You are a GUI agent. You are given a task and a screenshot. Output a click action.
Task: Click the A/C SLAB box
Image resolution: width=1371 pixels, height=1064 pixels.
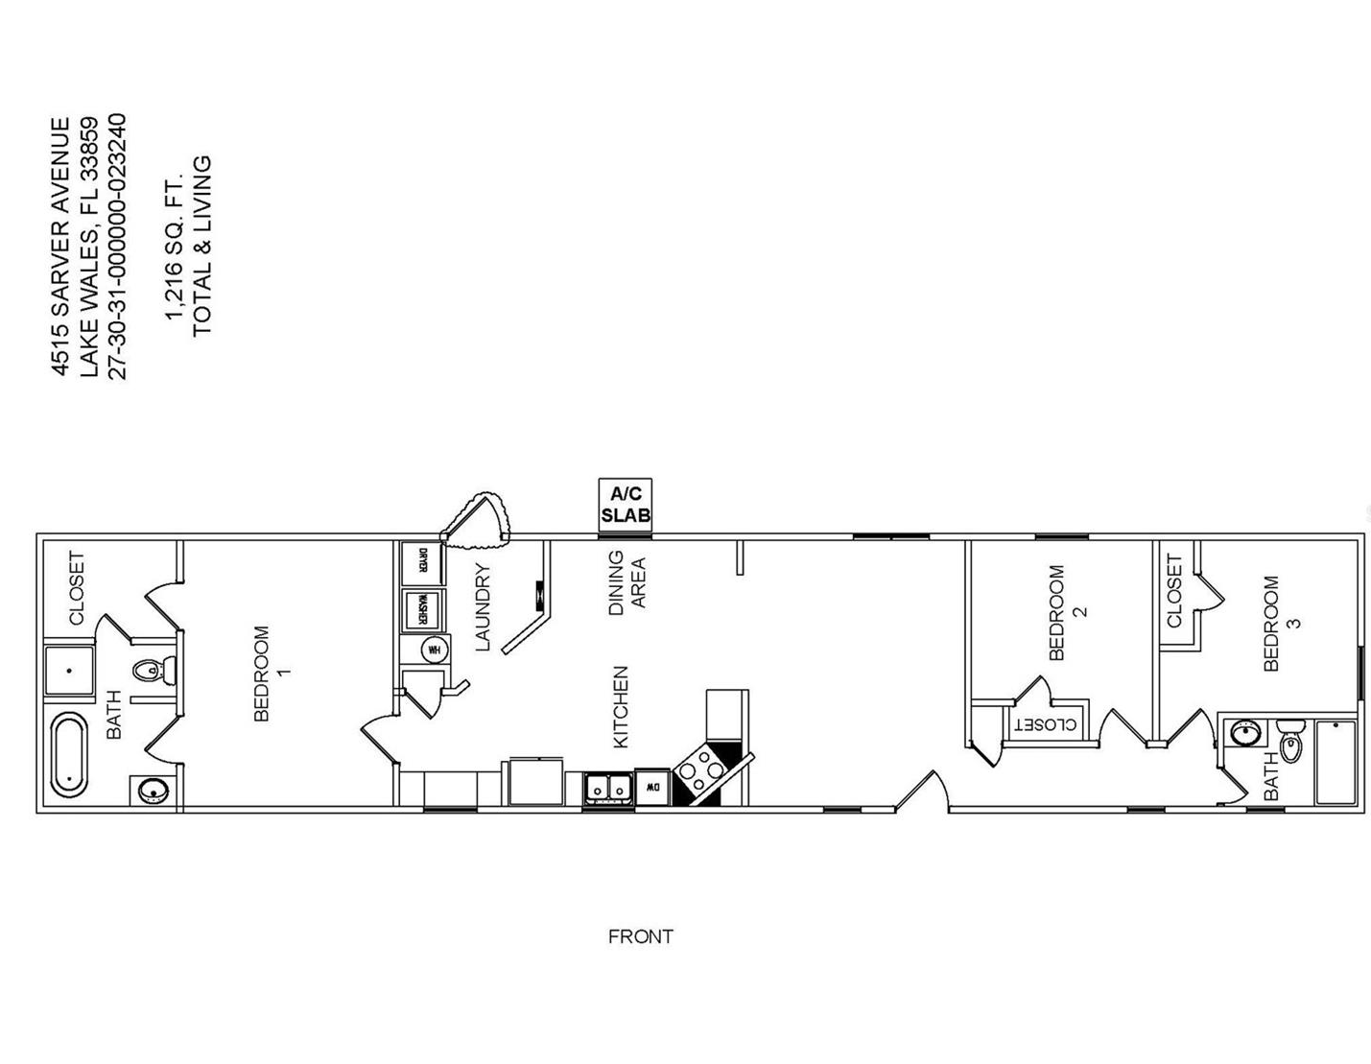pos(625,506)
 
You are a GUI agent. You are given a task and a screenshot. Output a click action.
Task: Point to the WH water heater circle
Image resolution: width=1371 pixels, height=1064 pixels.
pos(434,649)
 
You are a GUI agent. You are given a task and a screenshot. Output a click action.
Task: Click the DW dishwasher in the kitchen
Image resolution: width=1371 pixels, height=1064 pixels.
pos(651,787)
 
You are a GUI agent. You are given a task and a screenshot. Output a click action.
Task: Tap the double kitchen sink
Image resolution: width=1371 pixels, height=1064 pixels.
pos(606,788)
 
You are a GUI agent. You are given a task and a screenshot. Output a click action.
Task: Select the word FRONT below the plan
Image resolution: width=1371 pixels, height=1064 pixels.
pos(640,937)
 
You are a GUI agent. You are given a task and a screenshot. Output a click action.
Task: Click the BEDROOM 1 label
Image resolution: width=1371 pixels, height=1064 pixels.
pos(269,673)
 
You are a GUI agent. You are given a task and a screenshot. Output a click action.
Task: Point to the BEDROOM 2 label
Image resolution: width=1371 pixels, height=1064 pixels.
pos(1064,612)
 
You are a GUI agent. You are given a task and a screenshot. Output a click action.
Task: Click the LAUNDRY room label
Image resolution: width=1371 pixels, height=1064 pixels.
pos(482,606)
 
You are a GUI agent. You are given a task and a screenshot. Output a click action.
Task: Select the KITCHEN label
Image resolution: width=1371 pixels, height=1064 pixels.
pos(621,707)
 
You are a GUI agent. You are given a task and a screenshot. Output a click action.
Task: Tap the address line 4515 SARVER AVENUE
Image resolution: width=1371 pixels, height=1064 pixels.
pos(59,247)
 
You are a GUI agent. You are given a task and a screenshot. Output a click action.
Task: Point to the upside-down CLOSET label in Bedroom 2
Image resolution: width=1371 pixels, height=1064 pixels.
pos(1046,724)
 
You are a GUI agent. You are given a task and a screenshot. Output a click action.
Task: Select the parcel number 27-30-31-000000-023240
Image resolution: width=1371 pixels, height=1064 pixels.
pos(117,247)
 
